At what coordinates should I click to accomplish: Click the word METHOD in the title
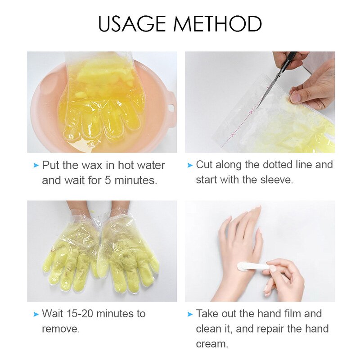(220, 23)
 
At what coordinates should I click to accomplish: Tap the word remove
(61, 328)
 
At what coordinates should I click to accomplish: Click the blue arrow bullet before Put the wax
(36, 166)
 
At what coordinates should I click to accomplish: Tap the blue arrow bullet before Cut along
(190, 165)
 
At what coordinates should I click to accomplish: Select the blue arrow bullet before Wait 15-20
(36, 314)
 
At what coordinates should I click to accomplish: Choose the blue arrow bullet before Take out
(190, 314)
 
